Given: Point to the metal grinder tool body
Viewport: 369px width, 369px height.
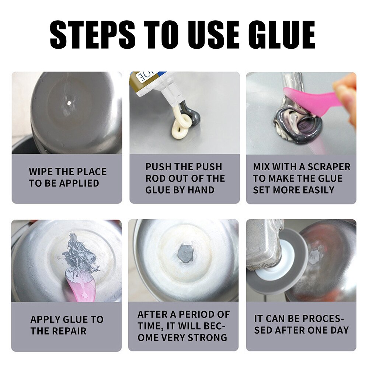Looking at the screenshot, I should pos(262,243).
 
